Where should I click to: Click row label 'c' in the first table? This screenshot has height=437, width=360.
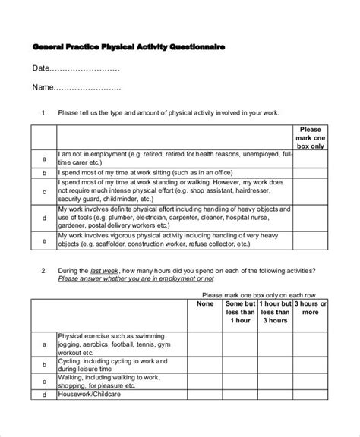click(x=45, y=191)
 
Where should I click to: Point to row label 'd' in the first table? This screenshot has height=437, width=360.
click(x=45, y=217)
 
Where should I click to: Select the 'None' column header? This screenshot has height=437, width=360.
click(x=204, y=304)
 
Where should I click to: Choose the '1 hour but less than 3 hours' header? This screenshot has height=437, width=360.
click(x=274, y=312)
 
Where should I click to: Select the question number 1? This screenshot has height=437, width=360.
click(x=44, y=112)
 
